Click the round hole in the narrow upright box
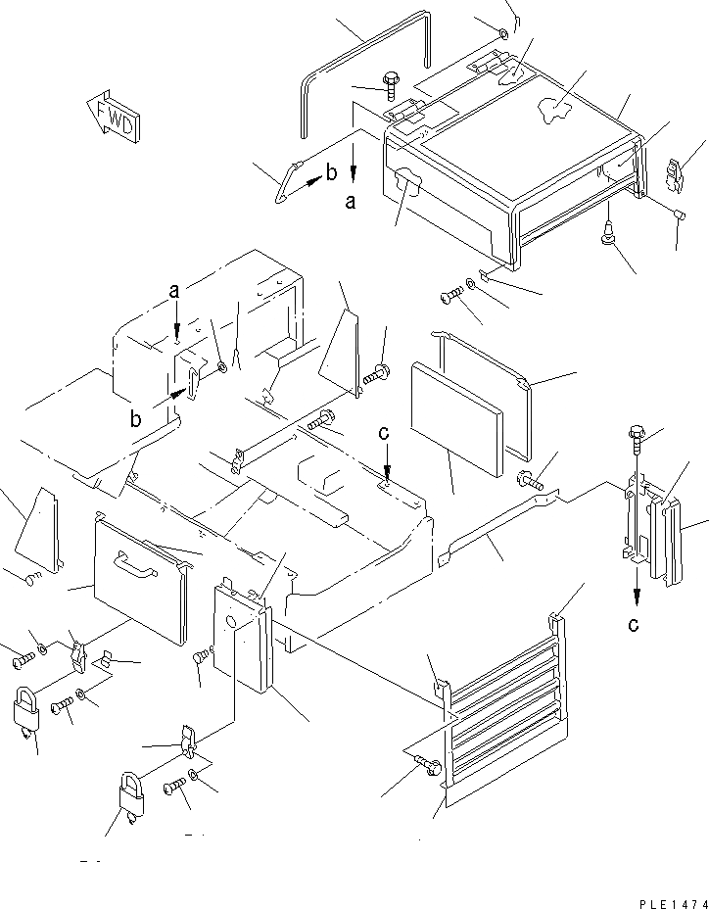(x=233, y=621)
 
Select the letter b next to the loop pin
(x=332, y=174)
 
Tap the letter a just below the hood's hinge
(x=351, y=202)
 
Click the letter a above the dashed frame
(x=175, y=290)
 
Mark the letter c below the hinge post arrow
(x=634, y=624)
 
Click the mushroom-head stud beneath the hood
(x=608, y=232)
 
